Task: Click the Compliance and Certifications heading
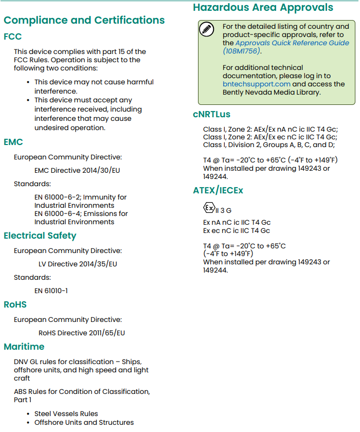click(x=84, y=21)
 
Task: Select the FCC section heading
click(x=13, y=37)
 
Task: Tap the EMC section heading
click(x=13, y=142)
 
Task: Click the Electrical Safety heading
click(x=40, y=236)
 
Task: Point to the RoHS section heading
click(x=15, y=304)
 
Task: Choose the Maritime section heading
click(x=24, y=347)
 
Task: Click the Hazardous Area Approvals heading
click(x=263, y=8)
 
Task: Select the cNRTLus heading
click(x=211, y=114)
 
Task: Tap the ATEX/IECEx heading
click(x=218, y=190)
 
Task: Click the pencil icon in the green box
click(x=207, y=29)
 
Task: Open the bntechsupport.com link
click(x=257, y=84)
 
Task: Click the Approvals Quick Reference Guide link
click(x=292, y=43)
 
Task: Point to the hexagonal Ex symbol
click(x=209, y=208)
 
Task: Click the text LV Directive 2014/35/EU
click(x=78, y=264)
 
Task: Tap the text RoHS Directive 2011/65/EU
click(x=82, y=333)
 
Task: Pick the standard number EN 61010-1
click(x=51, y=291)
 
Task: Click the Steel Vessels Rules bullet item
click(x=66, y=413)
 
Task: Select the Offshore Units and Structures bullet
click(x=84, y=422)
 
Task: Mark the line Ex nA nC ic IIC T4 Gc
click(x=237, y=223)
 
